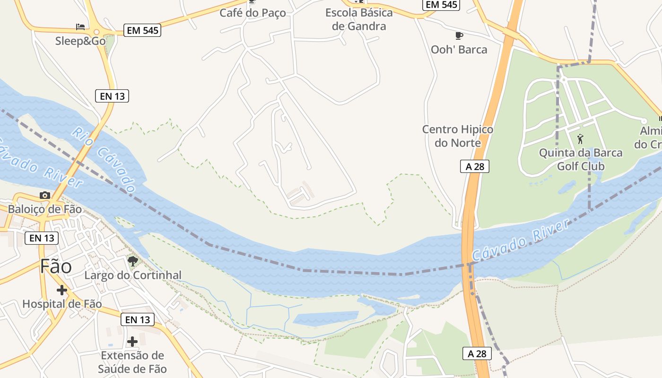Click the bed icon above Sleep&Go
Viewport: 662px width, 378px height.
pyautogui.click(x=80, y=26)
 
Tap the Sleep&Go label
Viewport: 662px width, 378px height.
pyautogui.click(x=80, y=41)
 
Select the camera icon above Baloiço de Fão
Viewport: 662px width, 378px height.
pyautogui.click(x=45, y=195)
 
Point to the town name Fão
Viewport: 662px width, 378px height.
pyautogui.click(x=56, y=266)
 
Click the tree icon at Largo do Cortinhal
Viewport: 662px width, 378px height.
pyautogui.click(x=132, y=261)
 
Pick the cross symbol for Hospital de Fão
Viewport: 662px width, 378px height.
pyautogui.click(x=61, y=290)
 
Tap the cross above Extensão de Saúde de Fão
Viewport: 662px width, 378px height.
pyautogui.click(x=132, y=341)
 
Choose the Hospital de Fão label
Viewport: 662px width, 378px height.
pyautogui.click(x=62, y=304)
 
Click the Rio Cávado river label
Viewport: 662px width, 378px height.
pyautogui.click(x=104, y=155)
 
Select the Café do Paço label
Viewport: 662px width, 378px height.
pyautogui.click(x=253, y=13)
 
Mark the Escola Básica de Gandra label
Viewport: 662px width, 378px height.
pyautogui.click(x=359, y=19)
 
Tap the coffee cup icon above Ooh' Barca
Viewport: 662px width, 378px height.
pyautogui.click(x=458, y=35)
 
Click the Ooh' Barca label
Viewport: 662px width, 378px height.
pyautogui.click(x=459, y=50)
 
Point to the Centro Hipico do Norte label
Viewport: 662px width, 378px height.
pyautogui.click(x=457, y=136)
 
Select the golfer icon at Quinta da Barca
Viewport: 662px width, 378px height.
pyautogui.click(x=581, y=139)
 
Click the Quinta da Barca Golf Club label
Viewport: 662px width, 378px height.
pyautogui.click(x=581, y=160)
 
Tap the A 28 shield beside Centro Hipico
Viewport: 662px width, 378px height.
pyautogui.click(x=475, y=166)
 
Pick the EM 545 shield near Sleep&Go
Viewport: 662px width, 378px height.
pyautogui.click(x=143, y=31)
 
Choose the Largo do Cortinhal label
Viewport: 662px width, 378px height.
pyautogui.click(x=133, y=275)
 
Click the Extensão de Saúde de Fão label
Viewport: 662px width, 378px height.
pyautogui.click(x=132, y=362)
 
